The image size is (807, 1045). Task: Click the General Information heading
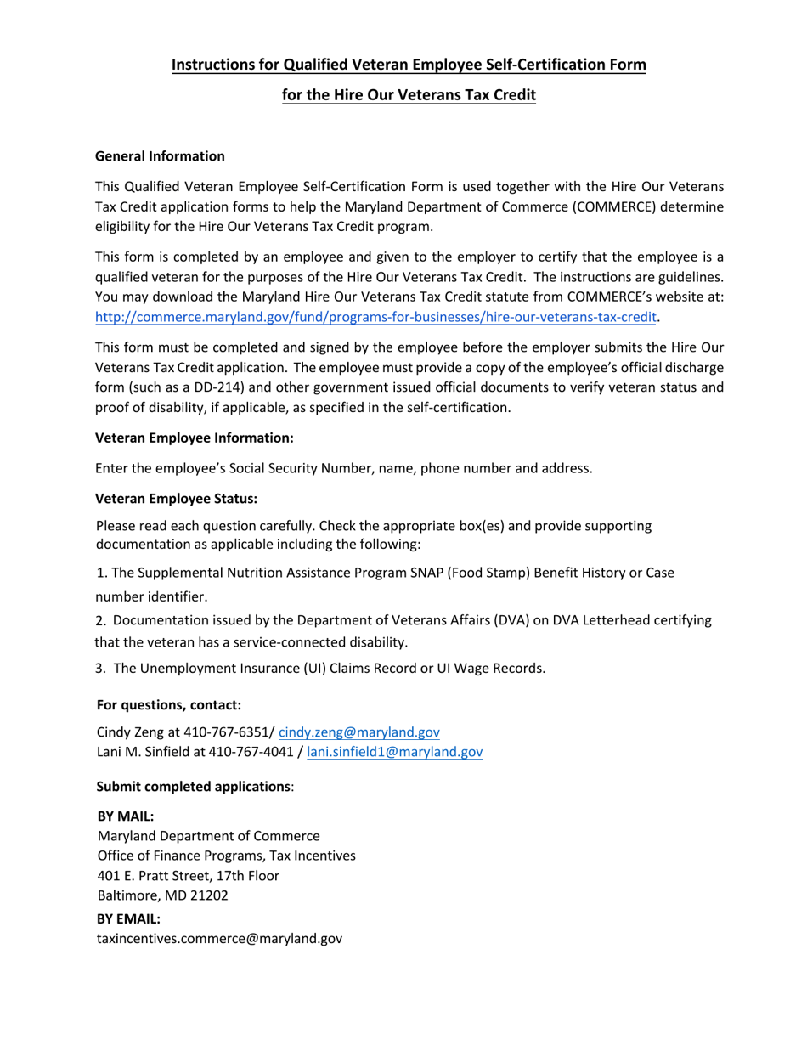pyautogui.click(x=160, y=156)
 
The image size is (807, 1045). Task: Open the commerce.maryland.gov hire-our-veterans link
pyautogui.click(x=376, y=317)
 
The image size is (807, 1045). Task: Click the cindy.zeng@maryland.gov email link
pyautogui.click(x=358, y=731)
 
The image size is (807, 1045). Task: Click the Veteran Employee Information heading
pyautogui.click(x=195, y=438)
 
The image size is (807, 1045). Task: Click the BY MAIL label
pyautogui.click(x=126, y=816)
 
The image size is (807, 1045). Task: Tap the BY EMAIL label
pyautogui.click(x=128, y=918)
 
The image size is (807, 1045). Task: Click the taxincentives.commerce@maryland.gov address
pyautogui.click(x=219, y=939)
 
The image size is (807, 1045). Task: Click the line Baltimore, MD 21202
pyautogui.click(x=162, y=895)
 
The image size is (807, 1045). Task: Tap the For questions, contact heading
pyautogui.click(x=168, y=704)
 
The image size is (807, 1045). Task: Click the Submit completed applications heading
pyautogui.click(x=194, y=786)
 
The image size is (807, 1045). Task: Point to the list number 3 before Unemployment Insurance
pyautogui.click(x=100, y=668)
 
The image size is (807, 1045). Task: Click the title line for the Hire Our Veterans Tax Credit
pyautogui.click(x=409, y=95)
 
